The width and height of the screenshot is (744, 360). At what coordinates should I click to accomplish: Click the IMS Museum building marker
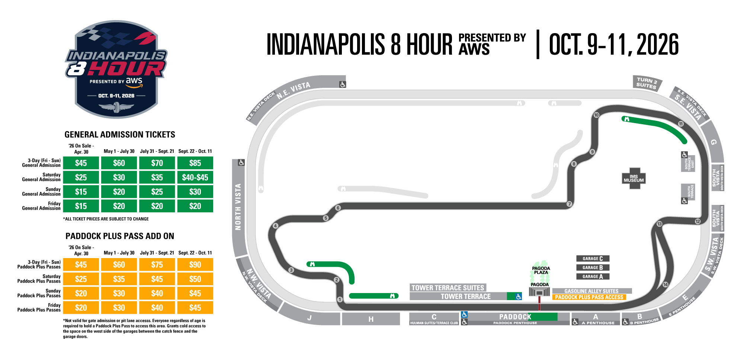[x=634, y=179]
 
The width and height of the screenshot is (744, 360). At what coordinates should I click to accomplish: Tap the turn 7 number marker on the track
[x=569, y=204]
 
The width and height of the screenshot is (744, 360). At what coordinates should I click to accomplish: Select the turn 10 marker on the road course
[x=596, y=115]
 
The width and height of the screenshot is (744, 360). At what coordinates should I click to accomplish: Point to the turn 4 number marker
[x=275, y=226]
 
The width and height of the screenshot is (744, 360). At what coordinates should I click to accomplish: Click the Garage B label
[x=593, y=267]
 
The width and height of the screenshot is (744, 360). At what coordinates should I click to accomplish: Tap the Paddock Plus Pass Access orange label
[x=589, y=297]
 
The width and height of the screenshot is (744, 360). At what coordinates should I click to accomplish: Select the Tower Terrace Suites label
[x=448, y=287]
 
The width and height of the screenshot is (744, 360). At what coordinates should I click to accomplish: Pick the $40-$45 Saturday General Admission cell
[x=195, y=177]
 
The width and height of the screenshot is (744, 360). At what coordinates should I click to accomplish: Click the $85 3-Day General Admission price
[x=195, y=163]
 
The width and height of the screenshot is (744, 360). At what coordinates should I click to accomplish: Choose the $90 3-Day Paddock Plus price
[x=195, y=264]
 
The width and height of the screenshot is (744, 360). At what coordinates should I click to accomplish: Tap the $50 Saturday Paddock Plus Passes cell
[x=195, y=279]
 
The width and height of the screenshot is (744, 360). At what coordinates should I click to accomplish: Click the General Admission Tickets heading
[x=120, y=135]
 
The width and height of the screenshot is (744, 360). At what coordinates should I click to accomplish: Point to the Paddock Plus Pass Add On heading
[x=120, y=236]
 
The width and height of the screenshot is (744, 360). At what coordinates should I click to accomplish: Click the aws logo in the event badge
[x=134, y=81]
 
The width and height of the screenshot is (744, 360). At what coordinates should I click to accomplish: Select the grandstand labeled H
[x=371, y=319]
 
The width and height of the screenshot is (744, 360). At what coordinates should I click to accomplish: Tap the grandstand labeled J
[x=310, y=318]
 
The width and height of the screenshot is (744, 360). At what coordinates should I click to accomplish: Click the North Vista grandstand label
[x=238, y=206]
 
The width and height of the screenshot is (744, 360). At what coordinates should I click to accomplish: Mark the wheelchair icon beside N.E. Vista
[x=343, y=84]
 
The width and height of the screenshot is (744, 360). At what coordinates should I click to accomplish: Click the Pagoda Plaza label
[x=541, y=270]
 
